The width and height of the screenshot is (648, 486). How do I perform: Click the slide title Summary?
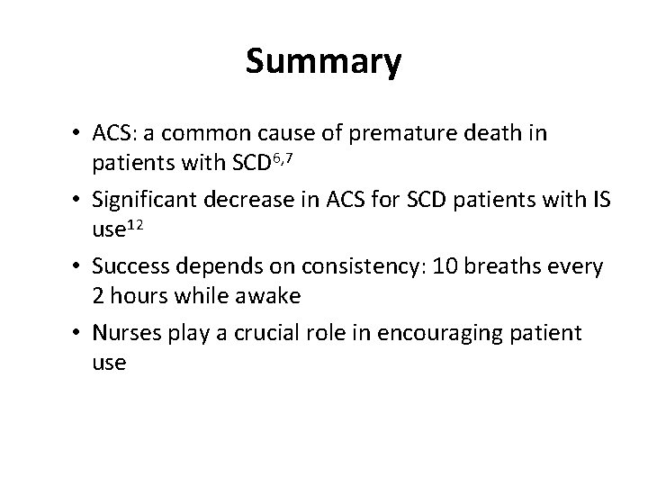coord(323,62)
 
